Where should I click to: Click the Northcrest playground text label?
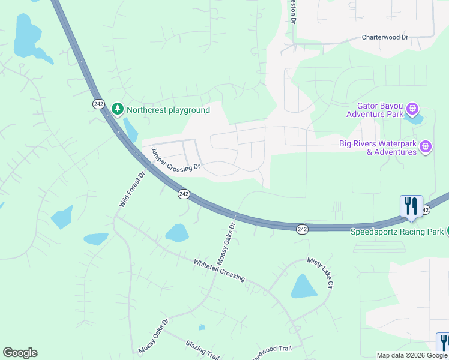pyautogui.click(x=168, y=110)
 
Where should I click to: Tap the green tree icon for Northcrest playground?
pyautogui.click(x=118, y=109)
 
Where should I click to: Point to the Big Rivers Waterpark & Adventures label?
pyautogui.click(x=378, y=147)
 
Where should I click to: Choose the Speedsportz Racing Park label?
pyautogui.click(x=397, y=232)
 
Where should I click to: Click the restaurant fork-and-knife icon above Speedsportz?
pyautogui.click(x=411, y=206)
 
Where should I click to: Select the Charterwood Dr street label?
pyautogui.click(x=385, y=37)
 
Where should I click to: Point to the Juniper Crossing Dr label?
pyautogui.click(x=175, y=160)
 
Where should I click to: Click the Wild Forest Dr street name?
pyautogui.click(x=132, y=190)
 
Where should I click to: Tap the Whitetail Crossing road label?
pyautogui.click(x=219, y=271)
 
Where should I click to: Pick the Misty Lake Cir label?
pyautogui.click(x=320, y=273)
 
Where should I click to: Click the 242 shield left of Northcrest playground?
pyautogui.click(x=99, y=104)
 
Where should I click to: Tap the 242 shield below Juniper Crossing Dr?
pyautogui.click(x=184, y=194)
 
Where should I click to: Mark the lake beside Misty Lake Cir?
pyautogui.click(x=303, y=287)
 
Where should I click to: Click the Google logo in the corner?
pyautogui.click(x=20, y=353)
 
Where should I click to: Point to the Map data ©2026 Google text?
pyautogui.click(x=412, y=355)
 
